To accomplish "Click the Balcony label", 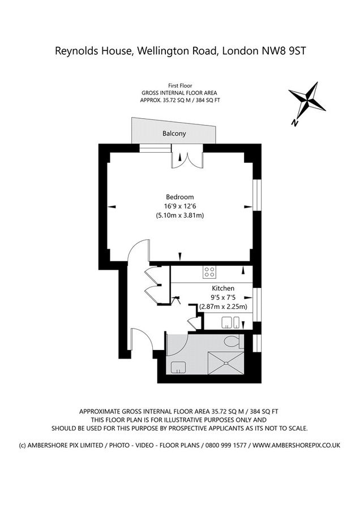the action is click(x=174, y=133).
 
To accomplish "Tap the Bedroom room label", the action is click(x=179, y=197).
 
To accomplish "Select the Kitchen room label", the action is click(x=223, y=288).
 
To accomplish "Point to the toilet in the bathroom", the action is click(x=233, y=342).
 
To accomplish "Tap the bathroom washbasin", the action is click(x=178, y=367).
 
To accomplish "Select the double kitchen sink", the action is click(x=231, y=322).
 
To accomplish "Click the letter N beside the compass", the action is click(x=295, y=122).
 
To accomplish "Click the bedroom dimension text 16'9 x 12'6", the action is click(x=180, y=206).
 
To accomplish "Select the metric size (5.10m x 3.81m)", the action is click(x=180, y=215).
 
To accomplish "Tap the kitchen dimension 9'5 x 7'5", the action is click(x=223, y=297).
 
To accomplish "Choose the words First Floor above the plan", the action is click(x=180, y=86).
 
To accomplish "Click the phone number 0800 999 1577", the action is click(x=226, y=445).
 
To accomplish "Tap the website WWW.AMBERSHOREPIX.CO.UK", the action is click(x=296, y=445).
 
